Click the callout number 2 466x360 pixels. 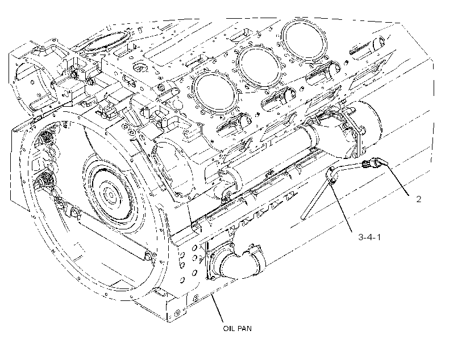(x=418, y=199)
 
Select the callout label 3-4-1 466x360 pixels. (x=369, y=237)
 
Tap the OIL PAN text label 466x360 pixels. (x=237, y=328)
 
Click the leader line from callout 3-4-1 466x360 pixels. (x=342, y=208)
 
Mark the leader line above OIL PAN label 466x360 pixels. (x=217, y=308)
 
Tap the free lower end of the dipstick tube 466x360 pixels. (x=303, y=217)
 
